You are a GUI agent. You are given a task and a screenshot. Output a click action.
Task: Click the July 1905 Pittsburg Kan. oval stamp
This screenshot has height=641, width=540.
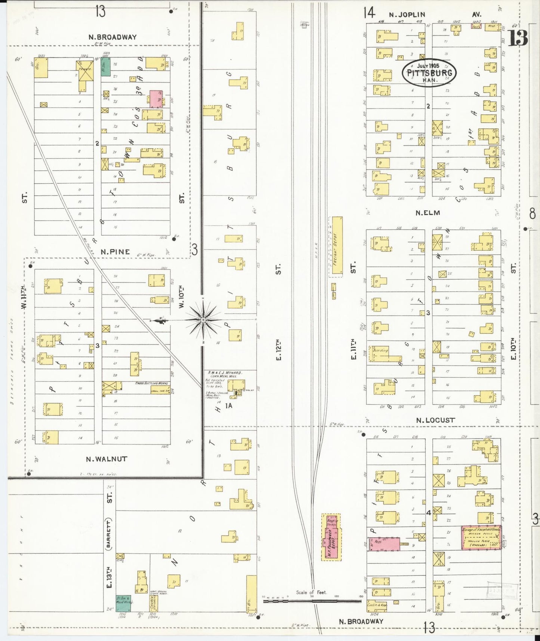[429, 73]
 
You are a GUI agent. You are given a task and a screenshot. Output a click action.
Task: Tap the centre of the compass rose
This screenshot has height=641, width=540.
[203, 320]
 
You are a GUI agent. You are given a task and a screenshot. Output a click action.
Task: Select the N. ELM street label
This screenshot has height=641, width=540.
[428, 213]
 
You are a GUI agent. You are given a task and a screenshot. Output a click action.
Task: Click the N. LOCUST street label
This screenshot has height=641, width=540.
[436, 420]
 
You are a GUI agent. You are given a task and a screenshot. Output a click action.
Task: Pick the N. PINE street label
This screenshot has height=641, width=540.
[115, 252]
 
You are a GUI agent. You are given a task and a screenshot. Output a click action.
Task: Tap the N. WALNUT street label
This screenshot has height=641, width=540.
[107, 459]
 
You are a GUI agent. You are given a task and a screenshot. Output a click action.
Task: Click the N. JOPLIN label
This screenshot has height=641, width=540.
[407, 15]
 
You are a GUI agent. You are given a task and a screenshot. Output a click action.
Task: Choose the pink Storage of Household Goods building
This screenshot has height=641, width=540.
[481, 537]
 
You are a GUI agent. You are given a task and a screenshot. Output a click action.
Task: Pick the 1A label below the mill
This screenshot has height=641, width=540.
[228, 405]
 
